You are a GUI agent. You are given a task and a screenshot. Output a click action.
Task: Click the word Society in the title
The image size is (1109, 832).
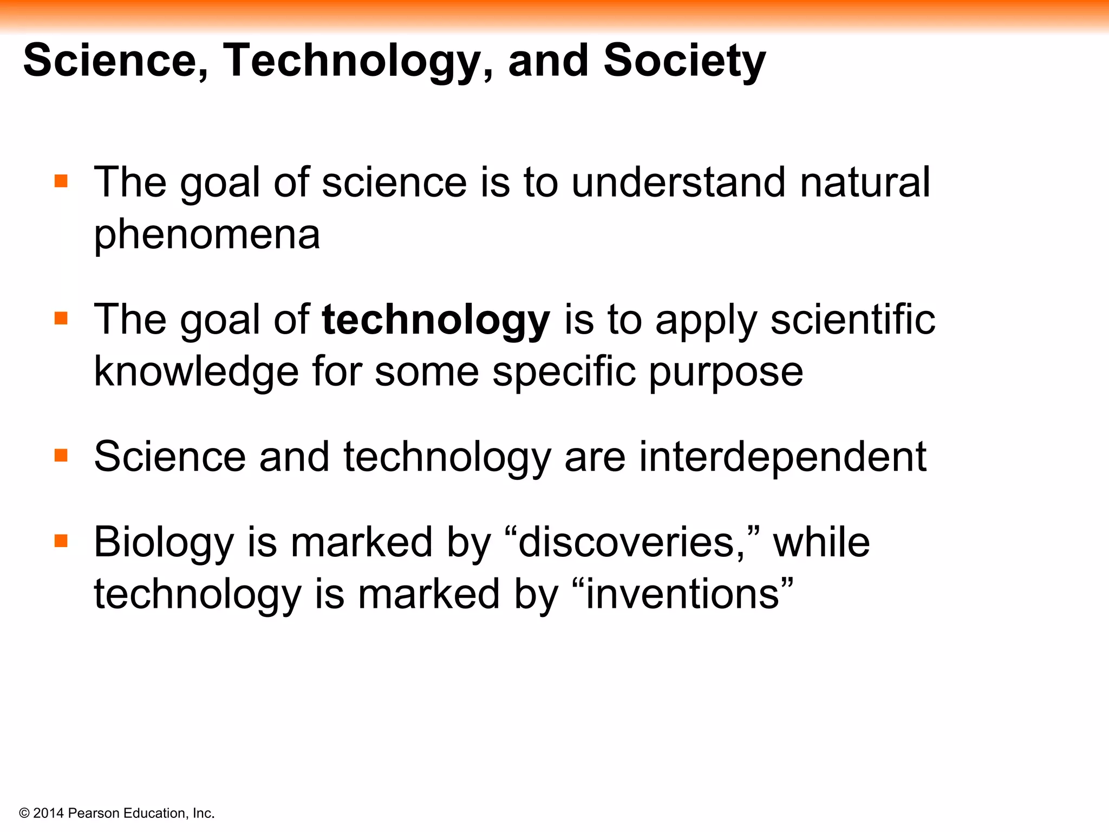click(x=684, y=61)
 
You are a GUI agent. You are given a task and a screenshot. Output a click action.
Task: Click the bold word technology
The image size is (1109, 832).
click(x=436, y=320)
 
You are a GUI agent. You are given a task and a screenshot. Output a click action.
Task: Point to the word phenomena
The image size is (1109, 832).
click(x=207, y=235)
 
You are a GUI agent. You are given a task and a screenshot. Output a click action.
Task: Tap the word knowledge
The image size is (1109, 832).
click(x=196, y=372)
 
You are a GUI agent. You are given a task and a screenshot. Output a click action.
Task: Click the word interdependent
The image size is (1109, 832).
click(x=782, y=457)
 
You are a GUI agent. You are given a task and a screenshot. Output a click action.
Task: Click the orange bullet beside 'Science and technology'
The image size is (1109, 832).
click(x=61, y=455)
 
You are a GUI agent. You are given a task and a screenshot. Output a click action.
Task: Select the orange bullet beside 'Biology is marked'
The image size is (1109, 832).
click(x=61, y=541)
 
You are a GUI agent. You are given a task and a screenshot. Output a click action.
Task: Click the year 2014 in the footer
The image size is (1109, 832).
click(x=48, y=813)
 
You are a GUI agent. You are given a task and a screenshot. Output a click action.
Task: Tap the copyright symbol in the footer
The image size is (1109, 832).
click(x=24, y=814)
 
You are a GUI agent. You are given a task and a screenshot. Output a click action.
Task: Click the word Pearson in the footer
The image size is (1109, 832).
click(x=94, y=813)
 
